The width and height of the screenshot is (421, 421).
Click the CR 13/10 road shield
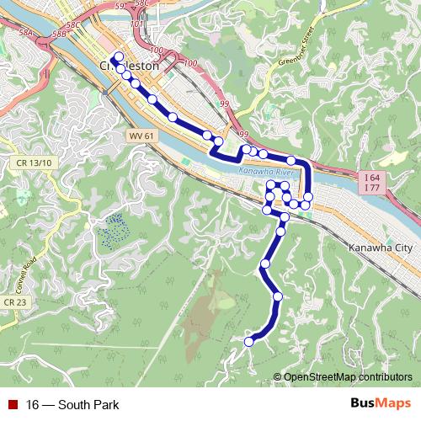34,163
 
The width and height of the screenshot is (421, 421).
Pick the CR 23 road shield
14,301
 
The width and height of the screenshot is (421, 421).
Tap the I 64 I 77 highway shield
372,183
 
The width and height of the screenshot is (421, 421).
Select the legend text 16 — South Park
72,404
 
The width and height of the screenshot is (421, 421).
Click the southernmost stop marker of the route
249,341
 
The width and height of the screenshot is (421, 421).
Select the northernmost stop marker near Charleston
118,58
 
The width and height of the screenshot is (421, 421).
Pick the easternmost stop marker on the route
307,197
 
